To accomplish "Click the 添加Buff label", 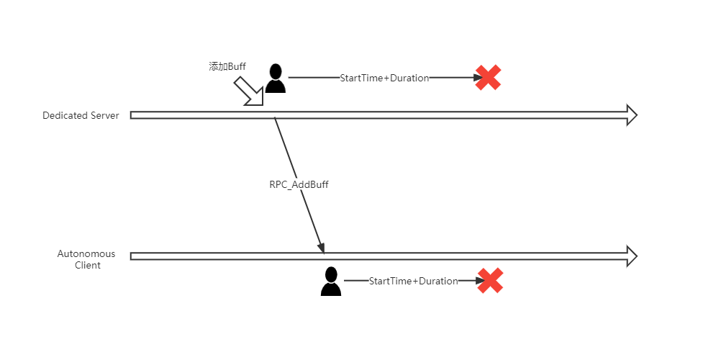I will [x=227, y=66].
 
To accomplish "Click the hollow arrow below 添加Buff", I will [x=249, y=91].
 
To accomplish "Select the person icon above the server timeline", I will [x=275, y=78].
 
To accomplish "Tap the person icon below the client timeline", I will [x=330, y=282].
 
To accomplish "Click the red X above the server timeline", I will [x=488, y=78].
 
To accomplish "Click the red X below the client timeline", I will [x=490, y=281].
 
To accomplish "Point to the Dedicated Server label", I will [x=81, y=115].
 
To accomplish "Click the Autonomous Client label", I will [x=86, y=259].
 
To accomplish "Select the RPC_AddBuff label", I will [x=299, y=184].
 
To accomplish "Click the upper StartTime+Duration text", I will [x=384, y=78].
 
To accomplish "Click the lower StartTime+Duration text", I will [x=413, y=281].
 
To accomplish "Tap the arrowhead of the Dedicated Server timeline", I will [x=631, y=115].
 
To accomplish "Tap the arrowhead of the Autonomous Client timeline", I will [x=631, y=256].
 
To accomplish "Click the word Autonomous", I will [x=86, y=254].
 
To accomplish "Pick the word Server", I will [x=104, y=115].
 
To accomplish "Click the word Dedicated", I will [x=64, y=115].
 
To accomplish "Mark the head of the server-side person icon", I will [x=275, y=71].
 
